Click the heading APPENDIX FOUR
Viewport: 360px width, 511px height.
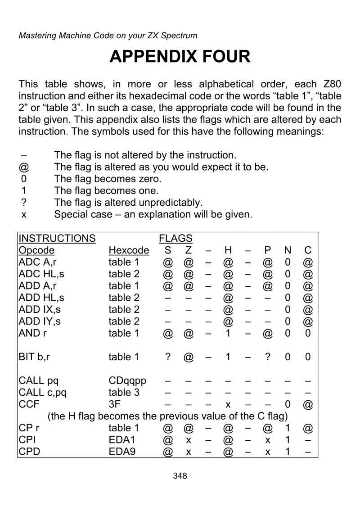pos(180,57)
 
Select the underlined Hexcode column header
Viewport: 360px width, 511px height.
pos(129,250)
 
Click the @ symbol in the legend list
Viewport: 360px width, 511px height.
pos(24,167)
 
